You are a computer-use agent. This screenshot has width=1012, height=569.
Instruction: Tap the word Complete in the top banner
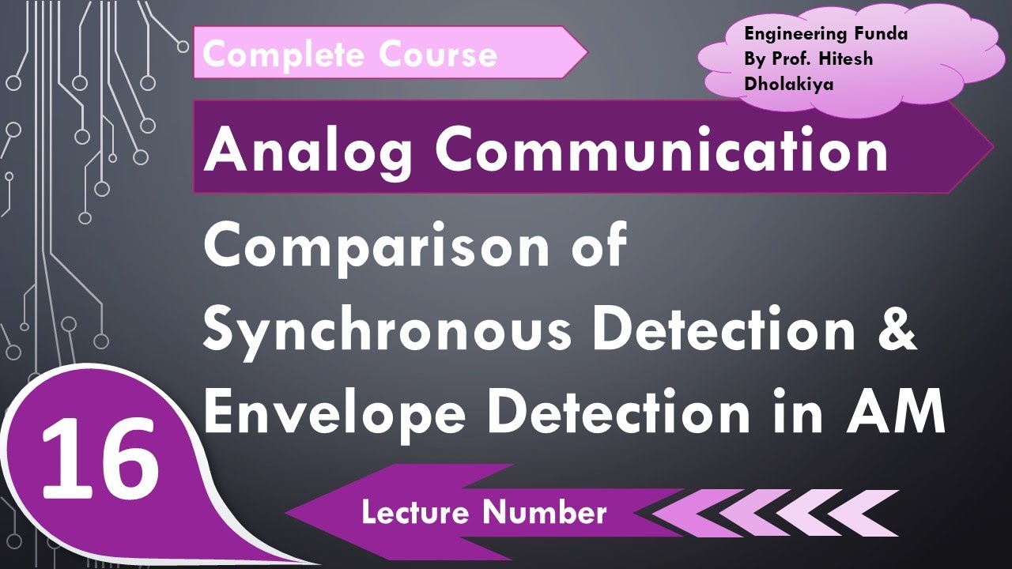coord(283,55)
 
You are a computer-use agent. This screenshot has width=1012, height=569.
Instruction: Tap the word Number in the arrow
coord(546,513)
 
